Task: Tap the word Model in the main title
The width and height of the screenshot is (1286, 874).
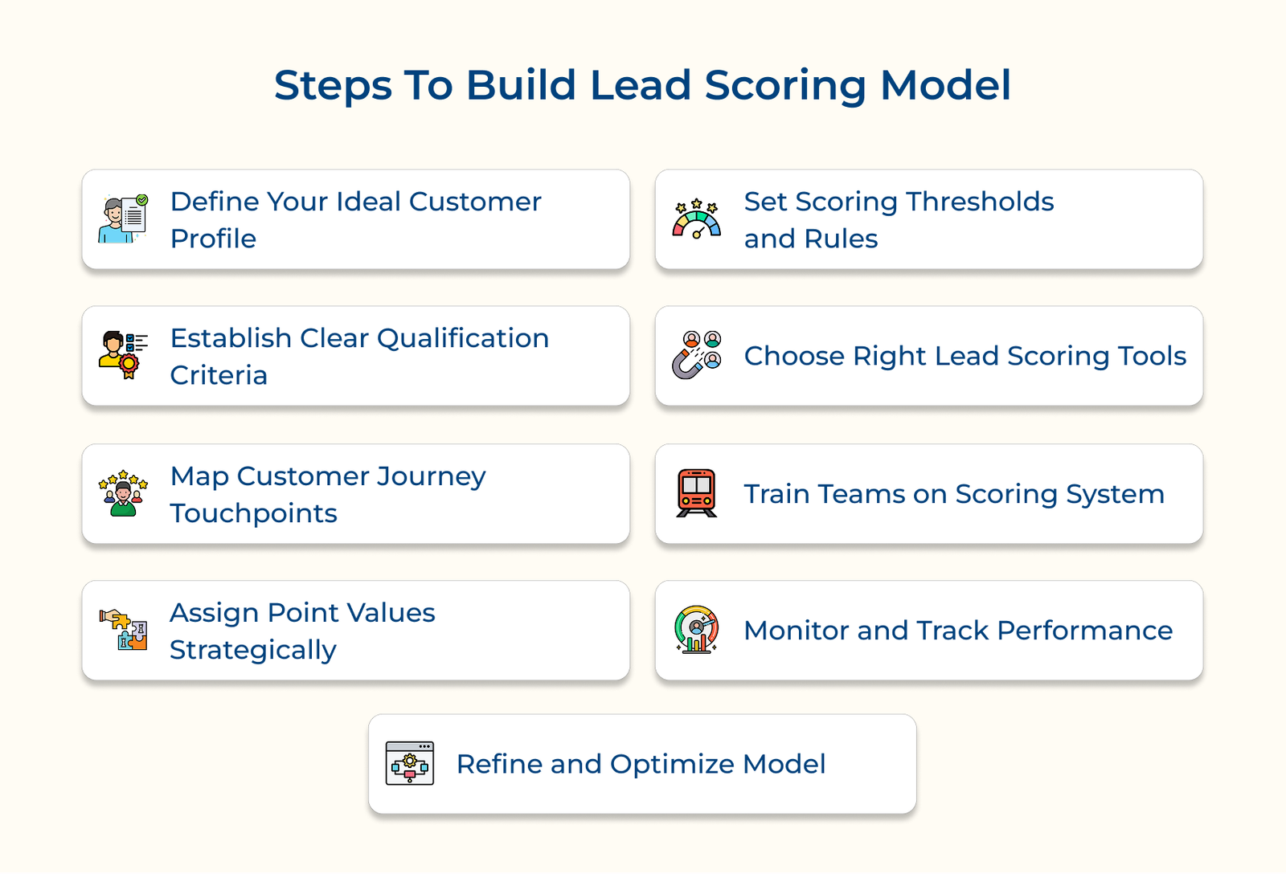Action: (x=945, y=85)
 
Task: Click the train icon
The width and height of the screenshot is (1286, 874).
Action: (x=696, y=493)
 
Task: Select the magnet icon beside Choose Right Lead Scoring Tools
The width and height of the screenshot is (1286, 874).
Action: (x=696, y=355)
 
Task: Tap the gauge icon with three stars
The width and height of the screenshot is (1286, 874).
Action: (x=696, y=218)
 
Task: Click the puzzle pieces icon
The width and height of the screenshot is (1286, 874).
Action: (x=124, y=630)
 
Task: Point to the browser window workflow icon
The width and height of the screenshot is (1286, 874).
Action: (x=410, y=763)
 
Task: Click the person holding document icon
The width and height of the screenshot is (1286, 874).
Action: (x=124, y=218)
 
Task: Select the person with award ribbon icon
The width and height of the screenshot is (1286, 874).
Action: (x=124, y=355)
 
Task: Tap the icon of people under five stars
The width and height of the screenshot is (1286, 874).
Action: (x=124, y=493)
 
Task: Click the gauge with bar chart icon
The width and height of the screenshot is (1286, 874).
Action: (x=696, y=630)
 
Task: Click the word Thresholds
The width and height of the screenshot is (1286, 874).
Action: (x=980, y=202)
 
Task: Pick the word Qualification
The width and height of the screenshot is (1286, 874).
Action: (x=463, y=338)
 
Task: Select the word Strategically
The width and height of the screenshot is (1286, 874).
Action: (x=253, y=650)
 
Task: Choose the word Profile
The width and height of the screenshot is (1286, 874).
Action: (x=213, y=239)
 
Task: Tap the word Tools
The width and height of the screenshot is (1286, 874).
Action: (x=1153, y=356)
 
